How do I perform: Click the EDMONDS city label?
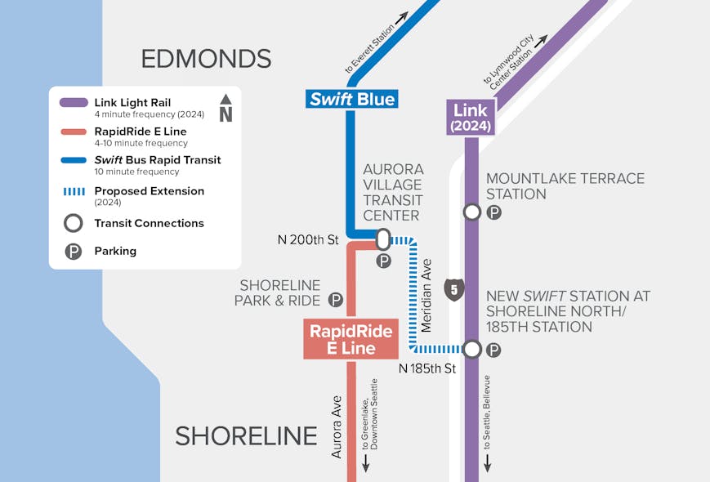pyautogui.click(x=206, y=59)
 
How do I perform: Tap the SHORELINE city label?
pyautogui.click(x=246, y=436)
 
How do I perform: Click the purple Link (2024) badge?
pyautogui.click(x=471, y=118)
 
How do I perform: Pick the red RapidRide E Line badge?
pyautogui.click(x=351, y=339)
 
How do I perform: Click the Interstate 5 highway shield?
pyautogui.click(x=454, y=288)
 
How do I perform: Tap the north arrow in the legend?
pyautogui.click(x=226, y=109)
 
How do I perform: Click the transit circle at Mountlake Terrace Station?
pyautogui.click(x=471, y=212)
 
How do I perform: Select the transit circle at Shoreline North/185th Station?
pyautogui.click(x=471, y=350)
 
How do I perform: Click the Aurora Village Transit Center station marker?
pyautogui.click(x=382, y=239)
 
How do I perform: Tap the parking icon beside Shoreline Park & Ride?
pyautogui.click(x=335, y=300)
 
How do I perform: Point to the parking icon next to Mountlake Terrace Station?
pyautogui.click(x=493, y=212)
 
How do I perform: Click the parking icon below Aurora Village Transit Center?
pyautogui.click(x=382, y=261)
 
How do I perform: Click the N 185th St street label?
pyautogui.click(x=426, y=368)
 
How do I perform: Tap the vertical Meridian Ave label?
pyautogui.click(x=426, y=295)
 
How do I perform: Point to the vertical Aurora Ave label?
pyautogui.click(x=337, y=426)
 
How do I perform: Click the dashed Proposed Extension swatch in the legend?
pyautogui.click(x=74, y=192)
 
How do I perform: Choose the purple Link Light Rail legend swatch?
pyautogui.click(x=74, y=103)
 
